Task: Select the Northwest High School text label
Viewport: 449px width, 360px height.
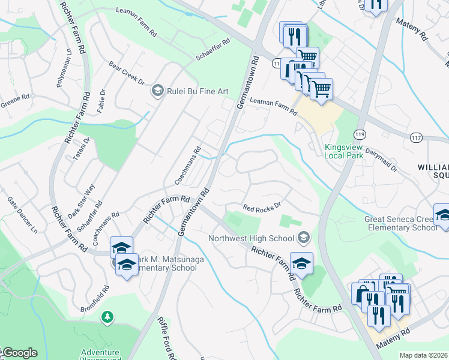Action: click(252, 238)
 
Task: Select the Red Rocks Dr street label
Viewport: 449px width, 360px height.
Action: click(262, 207)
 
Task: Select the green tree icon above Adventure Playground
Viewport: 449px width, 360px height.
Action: click(107, 316)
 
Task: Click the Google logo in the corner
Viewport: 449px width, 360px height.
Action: click(19, 353)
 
